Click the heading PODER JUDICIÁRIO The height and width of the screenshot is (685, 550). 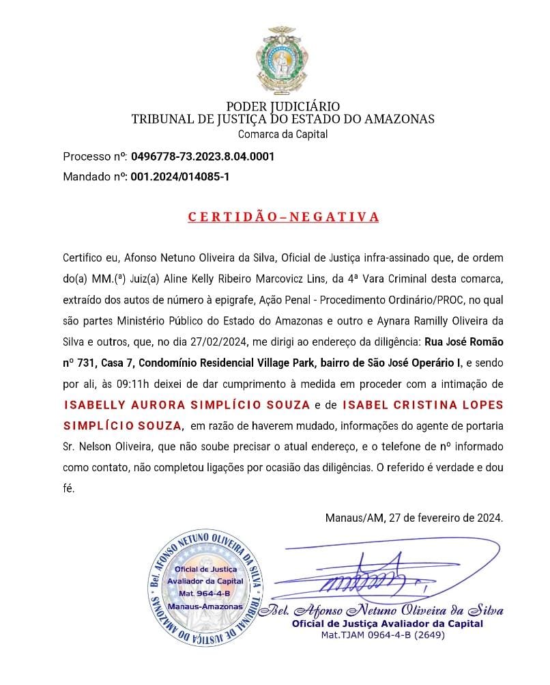(283, 107)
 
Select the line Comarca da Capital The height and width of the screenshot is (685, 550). (283, 134)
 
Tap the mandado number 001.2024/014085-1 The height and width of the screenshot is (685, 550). (180, 177)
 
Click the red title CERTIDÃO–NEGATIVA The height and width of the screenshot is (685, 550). (283, 218)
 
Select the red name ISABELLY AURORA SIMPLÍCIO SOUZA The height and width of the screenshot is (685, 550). (187, 406)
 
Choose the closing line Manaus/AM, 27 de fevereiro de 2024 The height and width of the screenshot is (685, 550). (414, 517)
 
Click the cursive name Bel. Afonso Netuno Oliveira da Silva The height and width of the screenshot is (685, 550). (387, 611)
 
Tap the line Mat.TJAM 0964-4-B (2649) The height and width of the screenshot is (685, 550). (383, 634)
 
